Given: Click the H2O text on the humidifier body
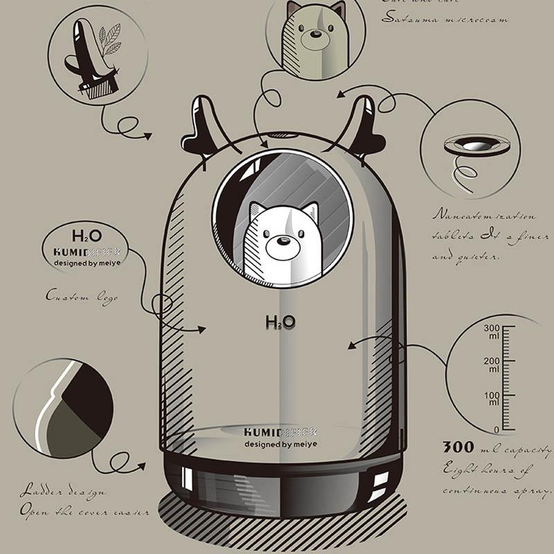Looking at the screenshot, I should pos(280,321).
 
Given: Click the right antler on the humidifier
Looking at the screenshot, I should pos(363,125).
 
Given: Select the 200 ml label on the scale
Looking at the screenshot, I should pos(492,365).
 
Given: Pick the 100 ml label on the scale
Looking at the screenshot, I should pos(492,399).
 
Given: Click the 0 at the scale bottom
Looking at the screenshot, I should pos(496,429).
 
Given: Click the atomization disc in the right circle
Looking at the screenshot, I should pos(476,145).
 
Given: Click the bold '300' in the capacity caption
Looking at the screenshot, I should pos(458,447).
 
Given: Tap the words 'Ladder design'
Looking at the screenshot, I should pos(62,492).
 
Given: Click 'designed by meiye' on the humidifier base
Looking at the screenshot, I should pos(280,445).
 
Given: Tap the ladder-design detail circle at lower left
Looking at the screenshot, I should pos(63,408).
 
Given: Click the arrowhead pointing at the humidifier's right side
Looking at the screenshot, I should pos(352,344).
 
